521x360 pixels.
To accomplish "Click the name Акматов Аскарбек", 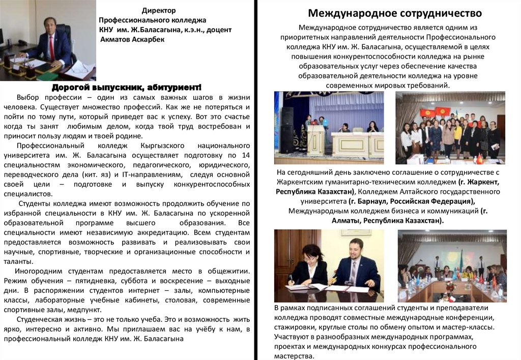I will tap(132, 39).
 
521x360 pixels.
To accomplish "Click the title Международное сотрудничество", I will tap(394, 13).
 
